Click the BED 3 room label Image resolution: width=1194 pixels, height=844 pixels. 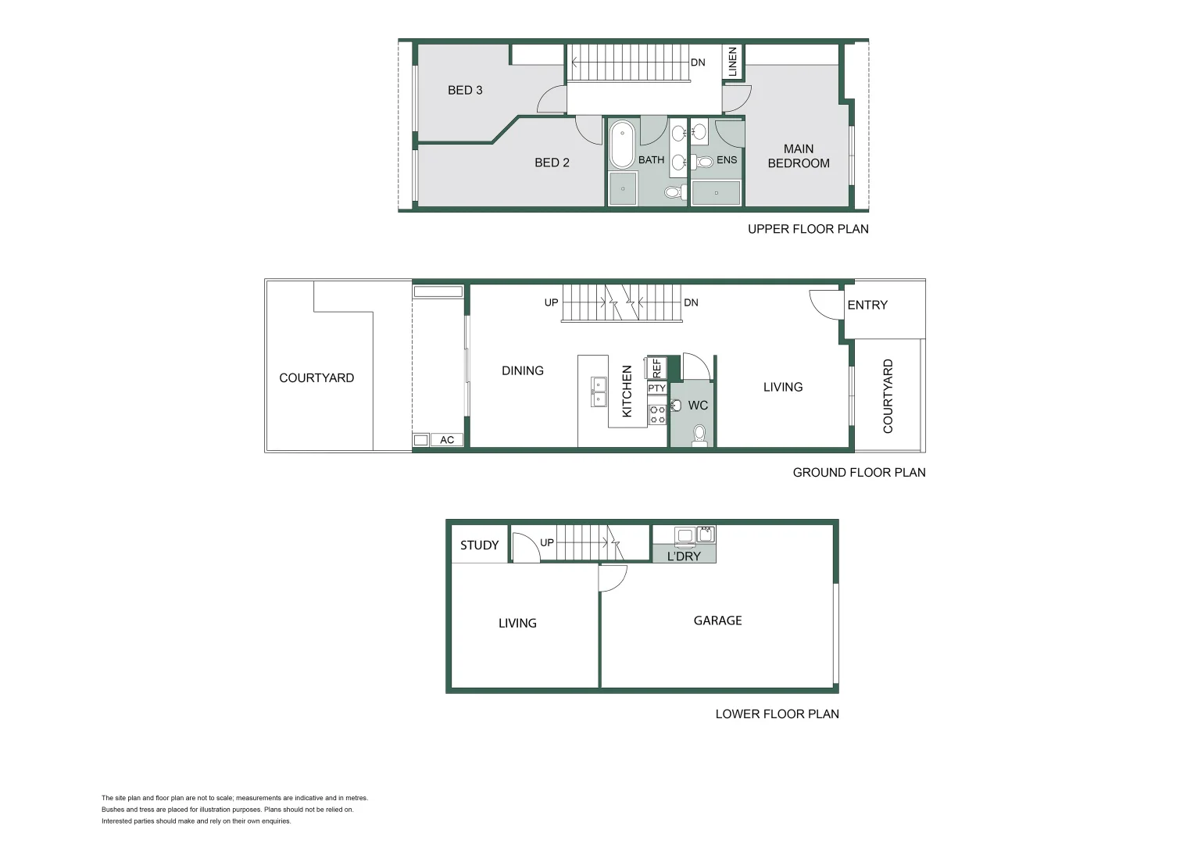pyautogui.click(x=465, y=90)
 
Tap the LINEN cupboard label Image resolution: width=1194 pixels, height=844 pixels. pyautogui.click(x=732, y=62)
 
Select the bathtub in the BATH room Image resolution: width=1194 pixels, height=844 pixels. pyautogui.click(x=622, y=145)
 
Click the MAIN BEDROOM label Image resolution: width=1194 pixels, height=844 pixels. pyautogui.click(x=799, y=156)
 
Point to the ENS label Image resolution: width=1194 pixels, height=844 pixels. pyautogui.click(x=727, y=159)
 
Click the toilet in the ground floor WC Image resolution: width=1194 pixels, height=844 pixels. pyautogui.click(x=699, y=434)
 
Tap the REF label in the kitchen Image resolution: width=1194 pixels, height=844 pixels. pyautogui.click(x=656, y=368)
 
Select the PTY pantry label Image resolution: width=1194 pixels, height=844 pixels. pyautogui.click(x=656, y=388)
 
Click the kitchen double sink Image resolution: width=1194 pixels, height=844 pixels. pyautogui.click(x=599, y=392)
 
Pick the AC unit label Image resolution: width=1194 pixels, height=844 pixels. pyautogui.click(x=447, y=440)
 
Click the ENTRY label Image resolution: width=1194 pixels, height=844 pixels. pyautogui.click(x=867, y=305)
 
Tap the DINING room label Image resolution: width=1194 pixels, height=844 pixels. pyautogui.click(x=523, y=370)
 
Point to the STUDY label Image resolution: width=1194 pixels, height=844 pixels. pyautogui.click(x=479, y=545)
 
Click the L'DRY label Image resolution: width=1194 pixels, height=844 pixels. pyautogui.click(x=684, y=556)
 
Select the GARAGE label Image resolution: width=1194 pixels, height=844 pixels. pyautogui.click(x=717, y=620)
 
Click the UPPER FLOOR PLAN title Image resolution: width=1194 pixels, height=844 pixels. pyautogui.click(x=808, y=228)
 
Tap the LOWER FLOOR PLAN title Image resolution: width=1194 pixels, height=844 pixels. pyautogui.click(x=777, y=713)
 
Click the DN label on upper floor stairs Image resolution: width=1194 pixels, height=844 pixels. pyautogui.click(x=698, y=63)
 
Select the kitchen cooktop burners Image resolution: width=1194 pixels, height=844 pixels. pyautogui.click(x=658, y=414)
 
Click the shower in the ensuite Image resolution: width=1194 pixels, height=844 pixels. pyautogui.click(x=716, y=192)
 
